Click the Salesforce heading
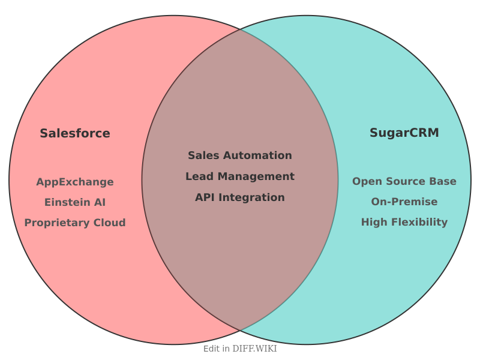pos(75,133)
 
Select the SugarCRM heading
pos(404,133)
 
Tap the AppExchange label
pos(75,182)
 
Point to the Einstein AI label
pos(75,202)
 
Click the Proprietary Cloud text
pos(75,223)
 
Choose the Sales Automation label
pos(240,155)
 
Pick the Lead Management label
pos(240,176)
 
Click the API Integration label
pos(240,197)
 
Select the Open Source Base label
pos(404,181)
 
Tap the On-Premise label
pos(404,202)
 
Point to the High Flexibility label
pos(404,222)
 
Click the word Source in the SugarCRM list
pos(407,181)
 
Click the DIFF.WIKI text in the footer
pos(255,349)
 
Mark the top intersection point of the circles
pos(240,29)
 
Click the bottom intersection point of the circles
pos(240,331)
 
